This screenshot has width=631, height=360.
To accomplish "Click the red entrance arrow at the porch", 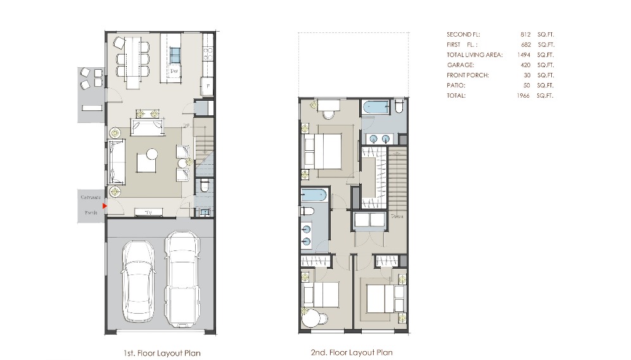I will click(105, 205).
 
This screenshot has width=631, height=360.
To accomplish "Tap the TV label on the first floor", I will click(148, 212).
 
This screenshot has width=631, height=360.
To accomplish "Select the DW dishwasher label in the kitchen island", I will click(174, 71).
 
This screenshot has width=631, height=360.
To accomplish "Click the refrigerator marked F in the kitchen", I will click(207, 86).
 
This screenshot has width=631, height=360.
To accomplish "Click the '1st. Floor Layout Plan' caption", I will click(162, 353).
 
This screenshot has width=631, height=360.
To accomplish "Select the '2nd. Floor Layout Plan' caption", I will click(352, 352).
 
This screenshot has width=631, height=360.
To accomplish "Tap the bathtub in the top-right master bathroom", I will click(377, 107).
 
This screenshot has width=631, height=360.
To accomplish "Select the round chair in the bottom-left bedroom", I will click(311, 319).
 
